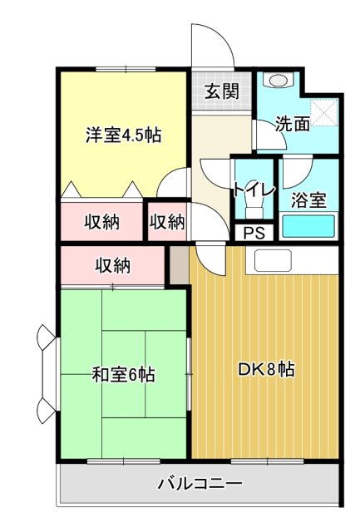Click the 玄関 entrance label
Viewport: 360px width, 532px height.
point(222,91)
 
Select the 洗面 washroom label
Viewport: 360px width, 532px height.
point(293,125)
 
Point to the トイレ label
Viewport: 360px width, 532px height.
point(253,189)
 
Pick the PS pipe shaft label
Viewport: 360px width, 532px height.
point(254,233)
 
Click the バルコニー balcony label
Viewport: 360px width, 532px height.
point(200,483)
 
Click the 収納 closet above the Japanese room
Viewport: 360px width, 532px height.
point(112,266)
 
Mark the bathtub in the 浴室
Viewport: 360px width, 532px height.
point(308,225)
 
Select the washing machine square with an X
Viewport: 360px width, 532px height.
point(322,111)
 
